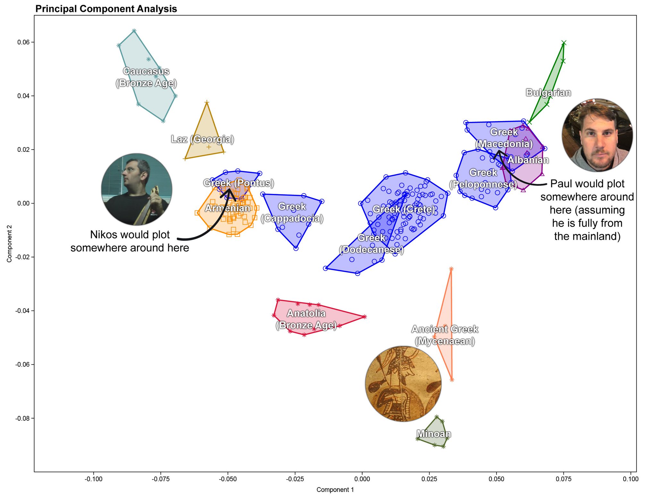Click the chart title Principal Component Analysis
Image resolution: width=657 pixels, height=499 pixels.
(x=106, y=9)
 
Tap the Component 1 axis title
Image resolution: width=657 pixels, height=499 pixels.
(x=335, y=490)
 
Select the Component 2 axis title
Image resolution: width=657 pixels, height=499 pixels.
(x=9, y=244)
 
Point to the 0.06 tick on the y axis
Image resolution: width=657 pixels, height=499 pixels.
(x=23, y=42)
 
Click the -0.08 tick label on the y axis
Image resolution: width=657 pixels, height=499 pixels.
(x=23, y=418)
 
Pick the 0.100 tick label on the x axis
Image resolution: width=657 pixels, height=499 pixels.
(x=631, y=479)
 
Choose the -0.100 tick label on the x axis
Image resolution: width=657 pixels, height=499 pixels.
(x=93, y=479)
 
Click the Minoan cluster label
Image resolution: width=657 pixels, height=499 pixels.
(x=434, y=434)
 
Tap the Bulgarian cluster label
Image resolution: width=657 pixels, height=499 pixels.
(x=548, y=92)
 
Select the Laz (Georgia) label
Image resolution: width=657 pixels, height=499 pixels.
(x=202, y=139)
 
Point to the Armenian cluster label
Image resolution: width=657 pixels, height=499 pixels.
(x=227, y=208)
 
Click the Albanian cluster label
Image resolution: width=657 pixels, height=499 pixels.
(x=528, y=160)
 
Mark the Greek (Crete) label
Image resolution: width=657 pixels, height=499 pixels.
(x=404, y=209)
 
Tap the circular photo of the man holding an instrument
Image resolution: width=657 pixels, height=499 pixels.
(x=137, y=189)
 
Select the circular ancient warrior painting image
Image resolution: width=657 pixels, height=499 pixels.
(x=403, y=383)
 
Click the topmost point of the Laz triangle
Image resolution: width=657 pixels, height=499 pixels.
(x=207, y=102)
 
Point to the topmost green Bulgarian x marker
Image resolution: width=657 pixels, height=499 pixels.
(x=564, y=43)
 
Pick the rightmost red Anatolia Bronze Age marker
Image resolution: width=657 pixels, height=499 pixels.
(x=364, y=317)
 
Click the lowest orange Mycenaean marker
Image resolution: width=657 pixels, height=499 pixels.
(x=452, y=380)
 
